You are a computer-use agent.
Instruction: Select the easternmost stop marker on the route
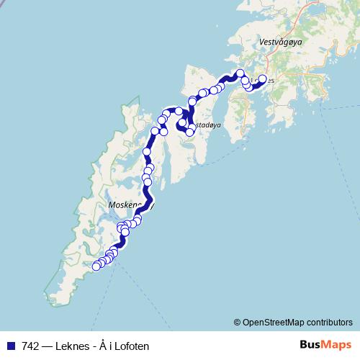262,79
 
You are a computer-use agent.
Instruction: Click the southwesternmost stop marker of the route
96,266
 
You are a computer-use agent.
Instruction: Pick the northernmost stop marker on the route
240,73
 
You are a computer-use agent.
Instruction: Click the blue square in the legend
11,346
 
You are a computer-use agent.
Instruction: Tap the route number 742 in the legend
30,346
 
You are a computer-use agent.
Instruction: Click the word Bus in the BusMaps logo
311,346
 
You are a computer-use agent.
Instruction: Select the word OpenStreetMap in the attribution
274,322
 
